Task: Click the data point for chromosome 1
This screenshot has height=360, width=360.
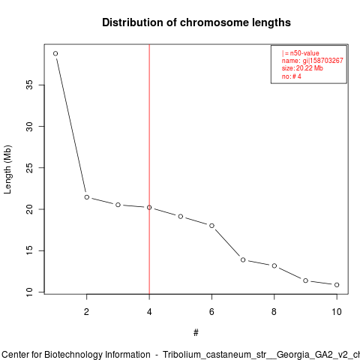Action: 55,53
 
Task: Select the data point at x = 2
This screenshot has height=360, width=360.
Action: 87,197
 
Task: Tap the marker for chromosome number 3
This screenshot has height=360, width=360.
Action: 118,205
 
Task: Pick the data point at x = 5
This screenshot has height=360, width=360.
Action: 181,216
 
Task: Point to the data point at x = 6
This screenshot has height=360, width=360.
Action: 211,226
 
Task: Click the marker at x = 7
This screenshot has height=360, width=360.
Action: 243,260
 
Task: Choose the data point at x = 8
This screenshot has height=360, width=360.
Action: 274,265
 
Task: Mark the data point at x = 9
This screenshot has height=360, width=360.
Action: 305,280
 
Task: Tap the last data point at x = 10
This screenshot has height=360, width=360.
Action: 337,285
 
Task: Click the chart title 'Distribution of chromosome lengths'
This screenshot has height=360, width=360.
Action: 196,22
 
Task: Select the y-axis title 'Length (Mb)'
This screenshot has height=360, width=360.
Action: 7,169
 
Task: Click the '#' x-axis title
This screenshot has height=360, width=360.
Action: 196,333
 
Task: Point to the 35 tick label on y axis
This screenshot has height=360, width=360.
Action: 29,85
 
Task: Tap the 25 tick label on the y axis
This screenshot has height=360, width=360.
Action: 29,168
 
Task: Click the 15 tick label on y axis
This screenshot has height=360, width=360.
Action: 29,250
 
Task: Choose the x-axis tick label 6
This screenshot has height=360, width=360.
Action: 211,312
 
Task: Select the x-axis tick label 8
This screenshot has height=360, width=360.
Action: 274,312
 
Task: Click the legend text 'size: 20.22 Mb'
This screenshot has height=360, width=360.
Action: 302,68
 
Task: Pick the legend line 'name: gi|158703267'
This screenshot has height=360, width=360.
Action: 313,61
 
